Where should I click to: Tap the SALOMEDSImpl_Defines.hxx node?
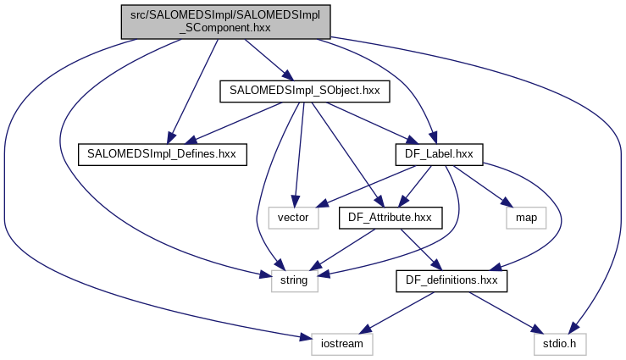pos(162,153)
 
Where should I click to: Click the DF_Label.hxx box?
pos(439,153)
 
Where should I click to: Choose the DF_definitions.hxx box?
pos(452,280)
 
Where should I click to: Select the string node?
pos(294,280)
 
